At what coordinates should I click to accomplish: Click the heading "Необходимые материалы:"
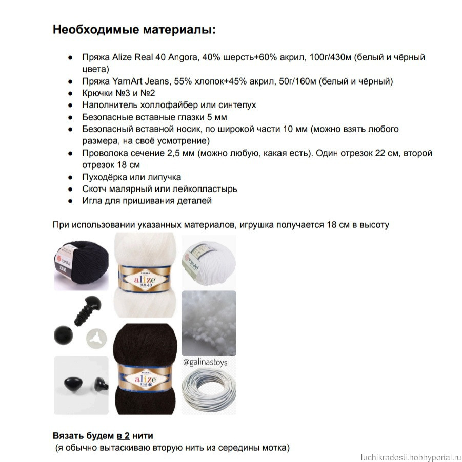pos(134,30)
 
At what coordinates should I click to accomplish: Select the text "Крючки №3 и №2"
pos(118,93)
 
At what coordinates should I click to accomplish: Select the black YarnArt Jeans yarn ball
pos(81,262)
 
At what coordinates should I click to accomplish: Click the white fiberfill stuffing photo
pos(209,323)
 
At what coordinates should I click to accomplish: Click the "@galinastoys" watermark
pos(205,362)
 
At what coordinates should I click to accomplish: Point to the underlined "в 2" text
pos(123,436)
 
